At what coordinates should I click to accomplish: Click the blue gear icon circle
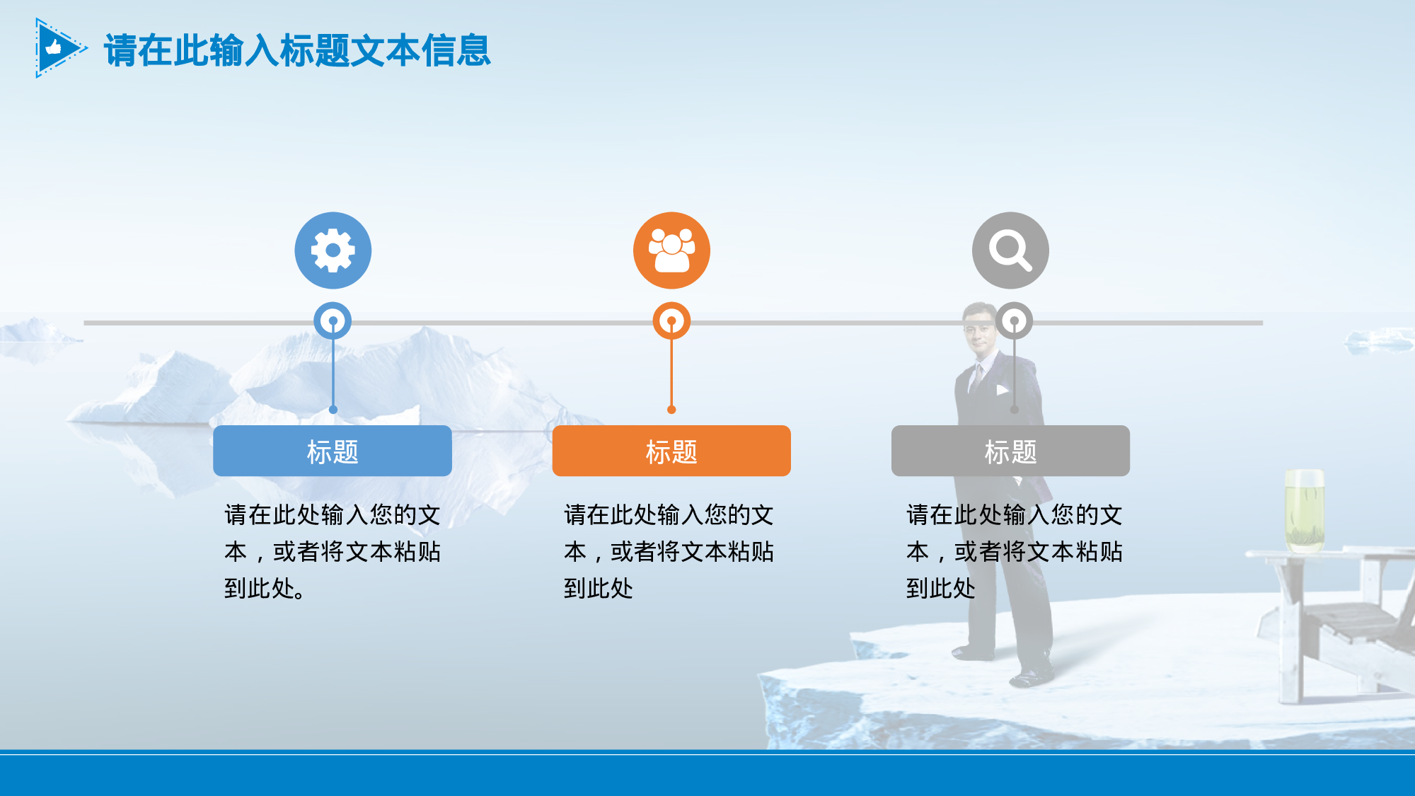coord(333,250)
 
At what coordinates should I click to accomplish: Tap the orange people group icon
coord(671,250)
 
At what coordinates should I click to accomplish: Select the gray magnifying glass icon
coord(1010,250)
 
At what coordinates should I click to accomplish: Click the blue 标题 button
coord(333,451)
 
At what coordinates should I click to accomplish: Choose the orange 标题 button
coord(671,451)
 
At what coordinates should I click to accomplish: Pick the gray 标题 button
coord(1010,451)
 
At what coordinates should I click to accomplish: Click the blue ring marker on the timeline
coord(333,321)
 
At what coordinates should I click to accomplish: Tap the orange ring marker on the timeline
coord(671,321)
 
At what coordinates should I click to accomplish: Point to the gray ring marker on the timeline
coord(1014,321)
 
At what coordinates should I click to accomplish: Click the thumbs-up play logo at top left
coord(58,48)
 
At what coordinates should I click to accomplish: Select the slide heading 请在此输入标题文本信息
coord(297,51)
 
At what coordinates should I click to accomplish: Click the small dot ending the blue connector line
coord(333,410)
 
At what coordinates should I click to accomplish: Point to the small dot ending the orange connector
coord(671,410)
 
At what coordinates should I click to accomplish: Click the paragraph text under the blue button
coord(333,551)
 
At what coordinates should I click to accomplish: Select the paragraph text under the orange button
coord(669,551)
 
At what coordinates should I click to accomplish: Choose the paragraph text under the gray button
coord(1014,551)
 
